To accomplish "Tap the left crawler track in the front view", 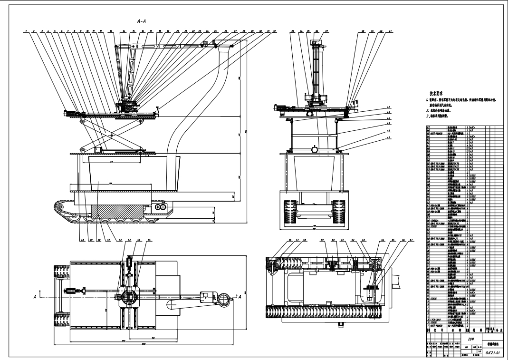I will [x=291, y=211].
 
